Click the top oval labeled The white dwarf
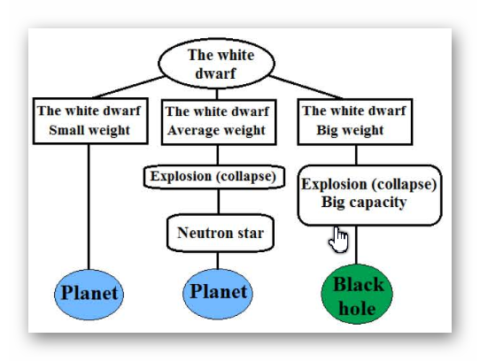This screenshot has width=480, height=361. click(x=216, y=64)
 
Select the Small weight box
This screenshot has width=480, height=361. click(x=90, y=121)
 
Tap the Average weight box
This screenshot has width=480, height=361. click(x=219, y=122)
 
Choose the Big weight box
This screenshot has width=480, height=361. click(x=355, y=121)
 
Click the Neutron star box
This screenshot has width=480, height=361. click(x=221, y=233)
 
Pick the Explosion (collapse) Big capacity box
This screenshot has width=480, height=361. click(x=370, y=196)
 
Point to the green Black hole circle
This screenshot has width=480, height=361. click(x=357, y=295)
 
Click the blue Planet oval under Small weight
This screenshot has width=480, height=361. click(x=89, y=295)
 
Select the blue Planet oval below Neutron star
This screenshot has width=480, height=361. click(x=218, y=294)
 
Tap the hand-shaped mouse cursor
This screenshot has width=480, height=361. click(x=338, y=240)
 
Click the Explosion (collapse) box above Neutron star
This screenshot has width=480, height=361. click(x=214, y=177)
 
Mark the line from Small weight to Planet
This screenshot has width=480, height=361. click(x=89, y=207)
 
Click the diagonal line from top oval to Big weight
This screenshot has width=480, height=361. click(x=306, y=88)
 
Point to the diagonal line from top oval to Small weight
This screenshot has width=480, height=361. click(x=128, y=87)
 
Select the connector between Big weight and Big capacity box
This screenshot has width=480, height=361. click(x=356, y=155)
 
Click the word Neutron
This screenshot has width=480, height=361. click(x=202, y=233)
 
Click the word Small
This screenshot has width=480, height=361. click(x=64, y=130)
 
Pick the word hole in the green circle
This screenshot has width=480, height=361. click(x=357, y=308)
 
